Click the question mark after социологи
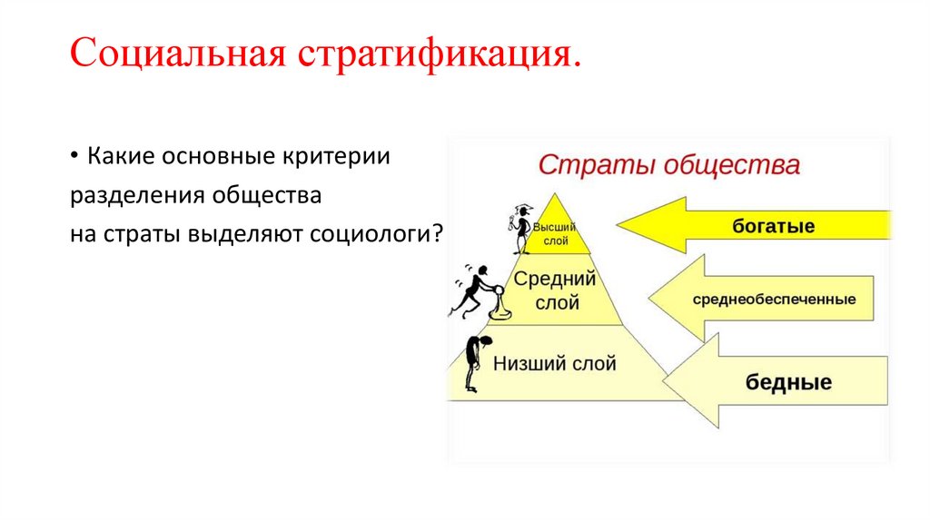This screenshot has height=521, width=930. click(x=438, y=234)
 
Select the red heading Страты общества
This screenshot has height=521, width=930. click(x=669, y=166)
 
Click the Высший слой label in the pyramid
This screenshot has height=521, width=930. click(x=550, y=233)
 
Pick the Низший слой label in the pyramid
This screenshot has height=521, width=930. click(x=554, y=364)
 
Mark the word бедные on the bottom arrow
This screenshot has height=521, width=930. click(x=788, y=382)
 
